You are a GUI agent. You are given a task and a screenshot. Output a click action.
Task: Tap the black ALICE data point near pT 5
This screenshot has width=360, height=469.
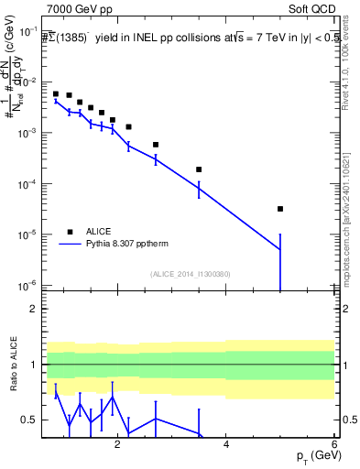[280, 209]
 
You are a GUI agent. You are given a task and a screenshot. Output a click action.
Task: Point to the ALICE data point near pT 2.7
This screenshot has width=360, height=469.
[156, 145]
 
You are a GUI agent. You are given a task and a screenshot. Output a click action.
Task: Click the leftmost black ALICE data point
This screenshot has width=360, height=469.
[56, 94]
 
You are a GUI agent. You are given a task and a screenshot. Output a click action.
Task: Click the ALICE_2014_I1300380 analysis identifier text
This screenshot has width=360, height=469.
[190, 273]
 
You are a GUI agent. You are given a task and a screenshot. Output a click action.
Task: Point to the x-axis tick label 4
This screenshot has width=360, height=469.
[226, 443]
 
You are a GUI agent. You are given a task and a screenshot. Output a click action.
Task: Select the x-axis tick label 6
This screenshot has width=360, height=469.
[334, 443]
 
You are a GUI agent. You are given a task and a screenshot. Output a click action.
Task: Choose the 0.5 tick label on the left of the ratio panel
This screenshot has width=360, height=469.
[28, 420]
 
